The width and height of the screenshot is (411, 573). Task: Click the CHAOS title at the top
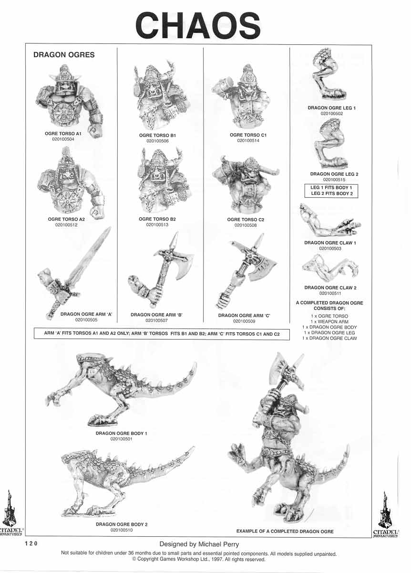198,26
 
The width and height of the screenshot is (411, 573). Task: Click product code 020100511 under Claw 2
331,294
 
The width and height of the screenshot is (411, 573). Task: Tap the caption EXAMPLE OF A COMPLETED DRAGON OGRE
285,531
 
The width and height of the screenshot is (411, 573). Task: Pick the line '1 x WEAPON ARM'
329,322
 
